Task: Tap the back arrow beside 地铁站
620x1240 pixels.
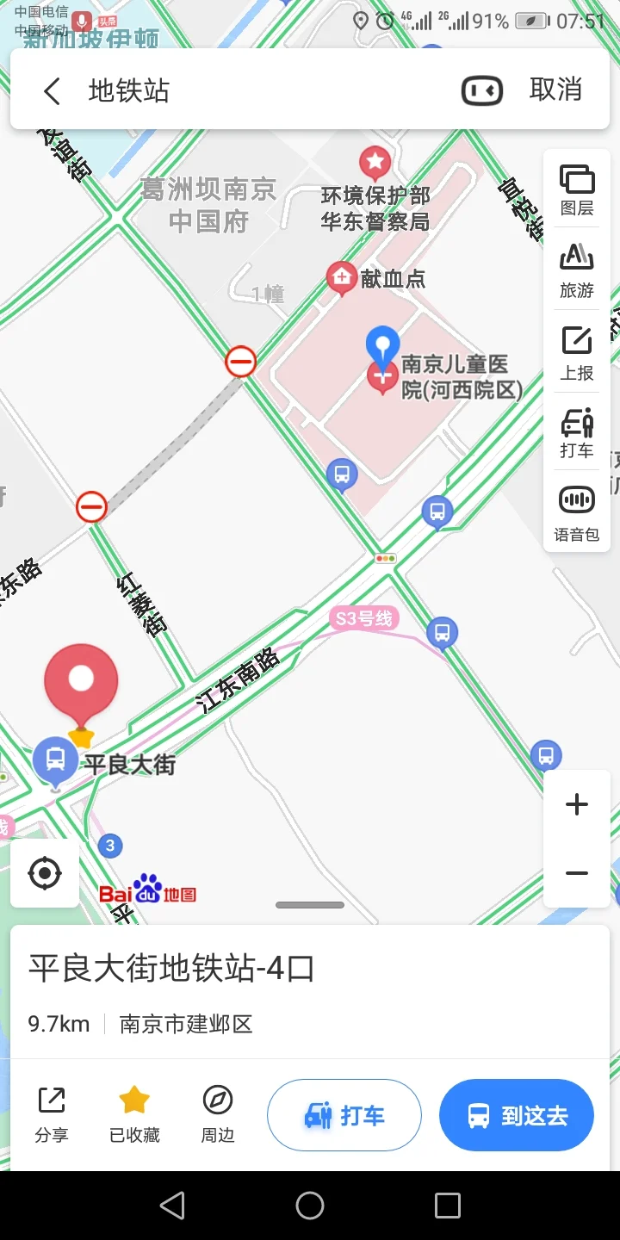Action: pos(53,90)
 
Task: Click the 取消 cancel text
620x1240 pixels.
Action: pos(555,90)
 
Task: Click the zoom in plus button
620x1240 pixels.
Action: pos(577,805)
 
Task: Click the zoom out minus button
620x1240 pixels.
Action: pos(577,873)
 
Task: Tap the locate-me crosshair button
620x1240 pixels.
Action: pos(45,873)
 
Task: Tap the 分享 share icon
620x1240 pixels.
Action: pos(52,1100)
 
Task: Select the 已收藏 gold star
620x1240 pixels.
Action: pos(134,1100)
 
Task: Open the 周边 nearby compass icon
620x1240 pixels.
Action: pos(218,1100)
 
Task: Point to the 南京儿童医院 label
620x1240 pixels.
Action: pos(462,377)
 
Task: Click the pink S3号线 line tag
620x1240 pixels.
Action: pos(364,618)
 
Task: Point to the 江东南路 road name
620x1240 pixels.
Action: pos(239,680)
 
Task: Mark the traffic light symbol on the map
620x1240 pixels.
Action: pos(385,559)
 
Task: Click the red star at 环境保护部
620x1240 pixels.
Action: pos(375,161)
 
